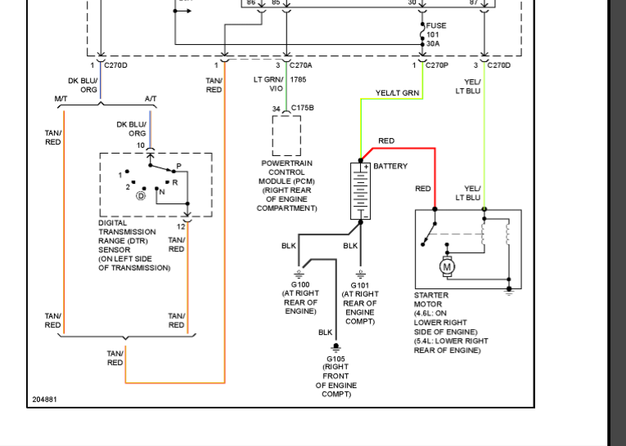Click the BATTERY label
(x=390, y=166)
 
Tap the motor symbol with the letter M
(x=447, y=266)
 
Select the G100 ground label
(x=300, y=284)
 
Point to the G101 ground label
(x=360, y=285)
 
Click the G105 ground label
(x=336, y=359)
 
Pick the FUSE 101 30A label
(x=436, y=35)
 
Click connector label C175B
(x=302, y=108)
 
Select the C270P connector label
(x=436, y=65)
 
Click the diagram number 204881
(x=44, y=399)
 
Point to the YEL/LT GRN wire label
(x=397, y=93)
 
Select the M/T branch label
(x=61, y=99)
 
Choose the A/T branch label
(x=151, y=99)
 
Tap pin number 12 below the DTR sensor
(x=181, y=225)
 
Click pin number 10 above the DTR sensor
(x=140, y=145)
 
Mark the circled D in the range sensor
(x=140, y=196)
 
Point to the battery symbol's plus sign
(x=367, y=167)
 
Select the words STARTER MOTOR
(x=431, y=300)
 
